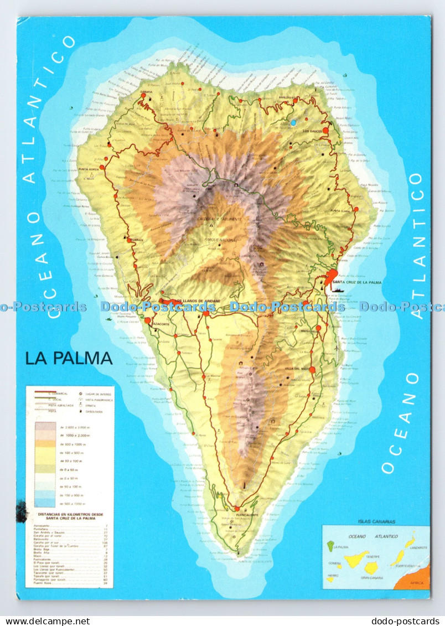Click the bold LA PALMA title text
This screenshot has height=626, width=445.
(69, 358)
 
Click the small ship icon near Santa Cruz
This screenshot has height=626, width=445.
(337, 288)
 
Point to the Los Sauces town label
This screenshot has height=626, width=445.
(313, 131)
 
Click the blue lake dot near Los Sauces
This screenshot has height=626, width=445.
(293, 121)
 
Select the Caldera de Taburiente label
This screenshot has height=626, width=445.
(220, 219)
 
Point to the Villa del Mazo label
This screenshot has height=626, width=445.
(297, 369)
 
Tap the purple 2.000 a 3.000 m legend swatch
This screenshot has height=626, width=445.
(45, 427)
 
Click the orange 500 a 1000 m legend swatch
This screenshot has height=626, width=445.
(45, 444)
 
